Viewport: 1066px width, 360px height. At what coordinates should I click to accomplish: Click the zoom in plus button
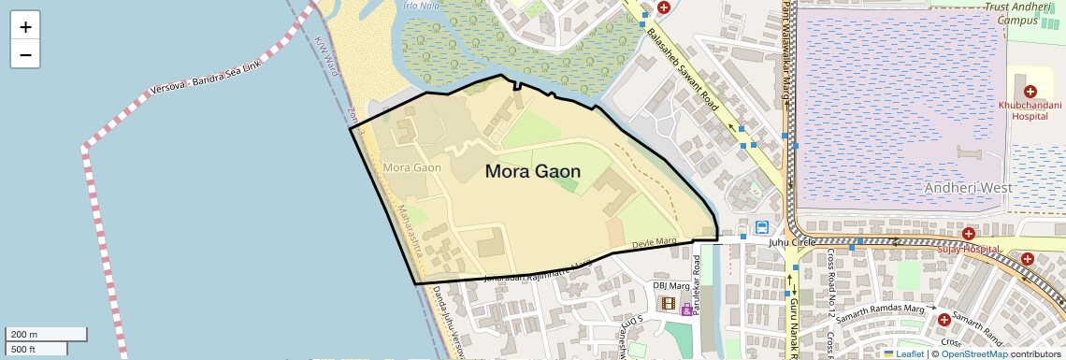[25, 27]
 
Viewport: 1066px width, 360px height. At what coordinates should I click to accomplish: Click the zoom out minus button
[25, 54]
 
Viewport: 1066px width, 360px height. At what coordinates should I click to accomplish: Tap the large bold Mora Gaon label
[532, 171]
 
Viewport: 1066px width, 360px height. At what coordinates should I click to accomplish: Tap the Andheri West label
[964, 187]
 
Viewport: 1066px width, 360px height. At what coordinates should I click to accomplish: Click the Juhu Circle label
[792, 242]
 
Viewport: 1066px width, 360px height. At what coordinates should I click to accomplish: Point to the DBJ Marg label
[670, 285]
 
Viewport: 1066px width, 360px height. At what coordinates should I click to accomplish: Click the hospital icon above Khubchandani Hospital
[1030, 91]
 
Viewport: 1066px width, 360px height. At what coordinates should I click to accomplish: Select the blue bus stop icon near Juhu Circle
[762, 226]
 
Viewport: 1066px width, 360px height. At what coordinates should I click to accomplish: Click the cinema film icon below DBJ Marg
[668, 302]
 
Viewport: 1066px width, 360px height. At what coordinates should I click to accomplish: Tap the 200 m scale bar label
[24, 334]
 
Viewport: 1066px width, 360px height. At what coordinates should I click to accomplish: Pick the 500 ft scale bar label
[23, 349]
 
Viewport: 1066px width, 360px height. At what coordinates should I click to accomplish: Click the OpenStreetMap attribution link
[973, 353]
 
